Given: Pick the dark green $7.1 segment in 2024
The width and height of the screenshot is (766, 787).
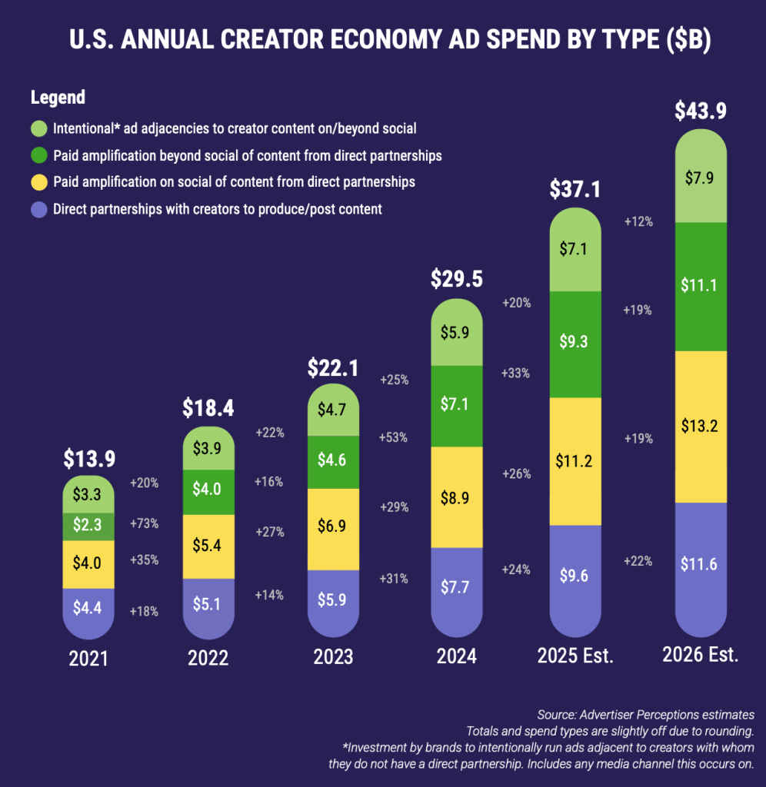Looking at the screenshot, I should coord(457,406).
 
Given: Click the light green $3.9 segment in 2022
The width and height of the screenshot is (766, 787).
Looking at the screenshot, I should coord(209,447).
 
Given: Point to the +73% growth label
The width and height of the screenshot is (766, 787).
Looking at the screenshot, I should coord(144,523).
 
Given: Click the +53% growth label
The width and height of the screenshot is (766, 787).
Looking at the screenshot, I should coord(395,437).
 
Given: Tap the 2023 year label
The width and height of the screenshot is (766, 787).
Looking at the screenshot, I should coord(333,658).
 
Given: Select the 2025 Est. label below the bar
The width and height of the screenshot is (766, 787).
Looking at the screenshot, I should coord(575,656).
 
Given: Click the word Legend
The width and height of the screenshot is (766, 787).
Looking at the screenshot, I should coord(58,98).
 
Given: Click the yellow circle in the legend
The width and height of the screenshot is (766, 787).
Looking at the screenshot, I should coord(39,182).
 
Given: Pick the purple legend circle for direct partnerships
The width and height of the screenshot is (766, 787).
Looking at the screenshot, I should coord(39,209).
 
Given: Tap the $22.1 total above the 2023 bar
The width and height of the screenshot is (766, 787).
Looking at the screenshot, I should coord(333,368).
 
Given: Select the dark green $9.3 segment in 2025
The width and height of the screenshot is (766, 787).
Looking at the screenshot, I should coord(575,343).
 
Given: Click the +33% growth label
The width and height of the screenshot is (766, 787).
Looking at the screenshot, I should coord(515,374).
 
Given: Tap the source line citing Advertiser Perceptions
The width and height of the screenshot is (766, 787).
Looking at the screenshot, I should coord(646,715).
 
